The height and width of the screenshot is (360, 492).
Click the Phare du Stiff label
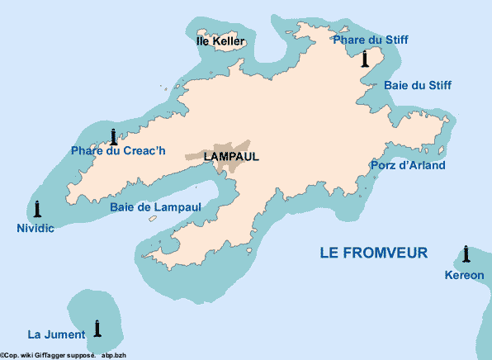370,40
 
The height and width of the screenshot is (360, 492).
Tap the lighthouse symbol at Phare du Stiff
365,58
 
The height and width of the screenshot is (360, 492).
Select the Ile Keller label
220,40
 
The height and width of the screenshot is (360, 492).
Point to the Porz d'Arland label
408,165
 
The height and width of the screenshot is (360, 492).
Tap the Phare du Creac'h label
118,150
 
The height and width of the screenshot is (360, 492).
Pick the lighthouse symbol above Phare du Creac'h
113,136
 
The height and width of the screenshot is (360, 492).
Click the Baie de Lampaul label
155,207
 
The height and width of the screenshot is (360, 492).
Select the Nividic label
35,228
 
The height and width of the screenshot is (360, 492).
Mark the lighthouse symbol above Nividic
37,209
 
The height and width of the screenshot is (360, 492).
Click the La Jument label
56,334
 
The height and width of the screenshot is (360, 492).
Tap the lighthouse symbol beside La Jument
97,328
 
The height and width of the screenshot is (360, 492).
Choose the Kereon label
464,275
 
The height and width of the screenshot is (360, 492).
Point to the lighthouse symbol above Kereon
466,253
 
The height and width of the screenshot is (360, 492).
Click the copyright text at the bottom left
63,354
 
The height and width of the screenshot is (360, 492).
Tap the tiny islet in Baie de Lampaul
153,219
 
